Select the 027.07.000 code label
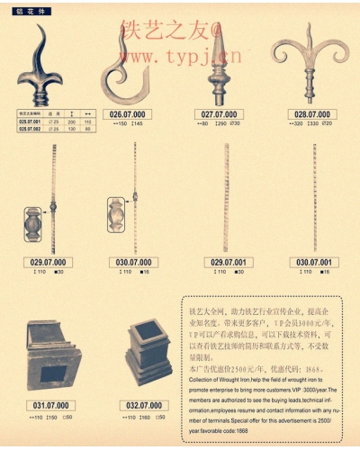[219, 115]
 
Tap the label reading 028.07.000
[310, 115]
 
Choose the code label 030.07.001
[310, 262]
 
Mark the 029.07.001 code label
[224, 262]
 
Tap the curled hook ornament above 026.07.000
[130, 67]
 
